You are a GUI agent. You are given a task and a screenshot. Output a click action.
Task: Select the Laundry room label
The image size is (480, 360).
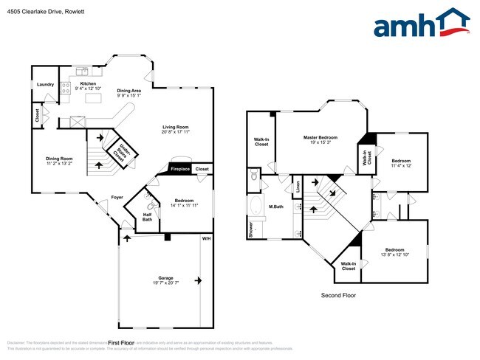coord(45,84)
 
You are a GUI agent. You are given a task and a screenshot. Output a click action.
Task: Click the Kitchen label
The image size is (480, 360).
coord(88,84)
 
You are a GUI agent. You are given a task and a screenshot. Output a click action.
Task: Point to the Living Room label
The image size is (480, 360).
coord(176,127)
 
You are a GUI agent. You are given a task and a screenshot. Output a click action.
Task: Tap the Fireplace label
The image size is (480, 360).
coord(181,169)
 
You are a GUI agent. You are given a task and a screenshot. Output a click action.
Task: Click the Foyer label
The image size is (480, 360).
coord(117,197)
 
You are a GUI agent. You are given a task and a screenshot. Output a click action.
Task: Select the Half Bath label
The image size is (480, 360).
coord(148,216)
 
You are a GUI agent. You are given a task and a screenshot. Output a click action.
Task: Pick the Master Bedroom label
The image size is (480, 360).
coord(320,138)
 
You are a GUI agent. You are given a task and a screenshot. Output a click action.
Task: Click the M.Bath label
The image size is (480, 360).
coord(277,206)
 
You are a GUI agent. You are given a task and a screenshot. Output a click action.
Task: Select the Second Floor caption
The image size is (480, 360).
coord(338,295)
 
